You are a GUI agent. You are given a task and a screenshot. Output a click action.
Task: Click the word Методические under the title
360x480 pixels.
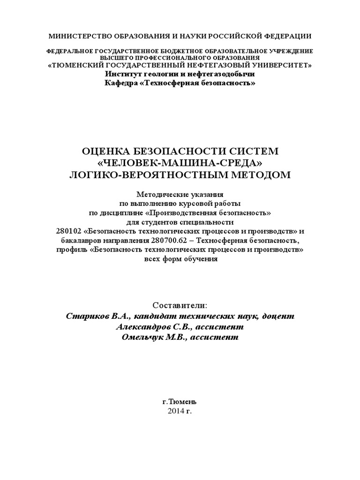pyautogui.click(x=161, y=194)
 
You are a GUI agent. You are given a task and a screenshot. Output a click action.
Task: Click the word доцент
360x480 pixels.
pyautogui.click(x=279, y=316)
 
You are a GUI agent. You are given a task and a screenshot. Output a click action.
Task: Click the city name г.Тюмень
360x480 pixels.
pyautogui.click(x=180, y=402)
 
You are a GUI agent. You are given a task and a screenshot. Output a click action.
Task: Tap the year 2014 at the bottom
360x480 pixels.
pyautogui.click(x=175, y=411)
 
